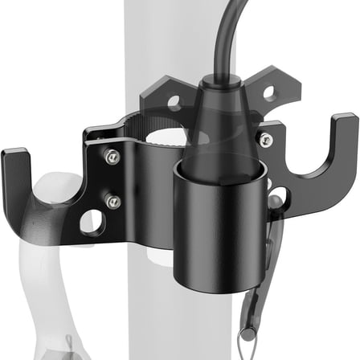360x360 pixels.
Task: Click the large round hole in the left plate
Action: coord(92,222)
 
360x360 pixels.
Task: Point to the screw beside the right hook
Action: coord(265,141)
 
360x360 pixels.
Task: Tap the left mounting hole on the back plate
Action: coord(171,103)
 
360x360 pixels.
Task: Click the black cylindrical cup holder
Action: coord(216,229)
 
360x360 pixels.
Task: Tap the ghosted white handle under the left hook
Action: coord(48,257)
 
